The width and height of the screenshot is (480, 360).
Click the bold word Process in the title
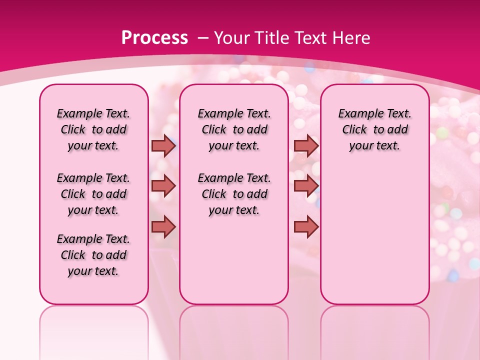click(x=154, y=38)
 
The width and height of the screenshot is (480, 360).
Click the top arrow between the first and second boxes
click(x=163, y=145)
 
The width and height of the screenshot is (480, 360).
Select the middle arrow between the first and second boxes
click(x=163, y=186)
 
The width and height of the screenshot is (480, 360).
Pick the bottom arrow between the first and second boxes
click(x=163, y=227)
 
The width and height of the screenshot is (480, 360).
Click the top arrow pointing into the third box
click(x=306, y=145)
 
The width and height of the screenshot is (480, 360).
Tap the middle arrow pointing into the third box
click(x=306, y=186)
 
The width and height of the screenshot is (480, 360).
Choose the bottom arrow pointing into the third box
click(x=306, y=227)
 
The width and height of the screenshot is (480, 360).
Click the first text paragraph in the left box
click(x=93, y=129)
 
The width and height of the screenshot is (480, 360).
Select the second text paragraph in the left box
click(x=93, y=194)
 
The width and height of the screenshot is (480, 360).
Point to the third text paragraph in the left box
click(x=93, y=255)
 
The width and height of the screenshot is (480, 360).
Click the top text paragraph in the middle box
click(x=234, y=129)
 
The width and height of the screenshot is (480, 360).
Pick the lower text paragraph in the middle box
click(x=234, y=194)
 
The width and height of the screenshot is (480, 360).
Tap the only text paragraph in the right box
click(x=375, y=129)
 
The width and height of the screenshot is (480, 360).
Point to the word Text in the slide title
click(x=311, y=38)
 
